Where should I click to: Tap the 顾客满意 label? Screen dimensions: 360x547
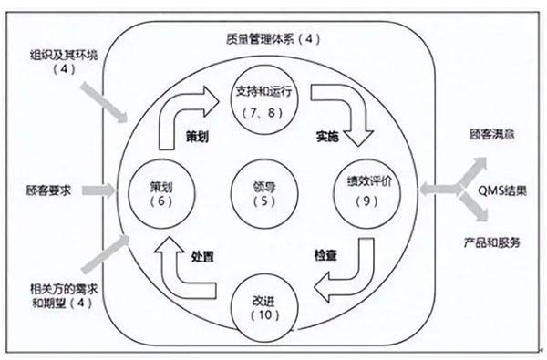pyautogui.click(x=492, y=134)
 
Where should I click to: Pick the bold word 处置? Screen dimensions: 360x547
pyautogui.click(x=202, y=257)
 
